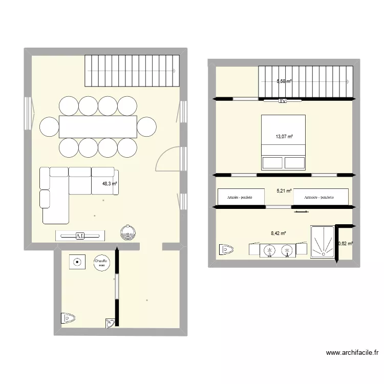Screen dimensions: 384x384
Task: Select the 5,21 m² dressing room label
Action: (284, 191)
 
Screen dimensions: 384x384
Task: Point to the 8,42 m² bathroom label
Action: (278, 234)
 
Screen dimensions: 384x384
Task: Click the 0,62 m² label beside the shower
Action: (346, 244)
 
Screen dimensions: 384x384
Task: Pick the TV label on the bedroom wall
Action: (282, 101)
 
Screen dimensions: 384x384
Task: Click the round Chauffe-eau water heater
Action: (101, 263)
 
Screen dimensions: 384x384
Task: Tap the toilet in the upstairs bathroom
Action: (225, 249)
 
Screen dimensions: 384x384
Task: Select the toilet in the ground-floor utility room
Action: (68, 318)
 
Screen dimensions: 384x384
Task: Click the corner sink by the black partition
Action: (110, 323)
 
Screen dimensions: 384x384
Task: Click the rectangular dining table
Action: (98, 126)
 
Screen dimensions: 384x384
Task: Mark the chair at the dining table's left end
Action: (49, 126)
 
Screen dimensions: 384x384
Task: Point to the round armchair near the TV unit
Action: (128, 232)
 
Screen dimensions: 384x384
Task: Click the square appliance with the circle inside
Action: (77, 263)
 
